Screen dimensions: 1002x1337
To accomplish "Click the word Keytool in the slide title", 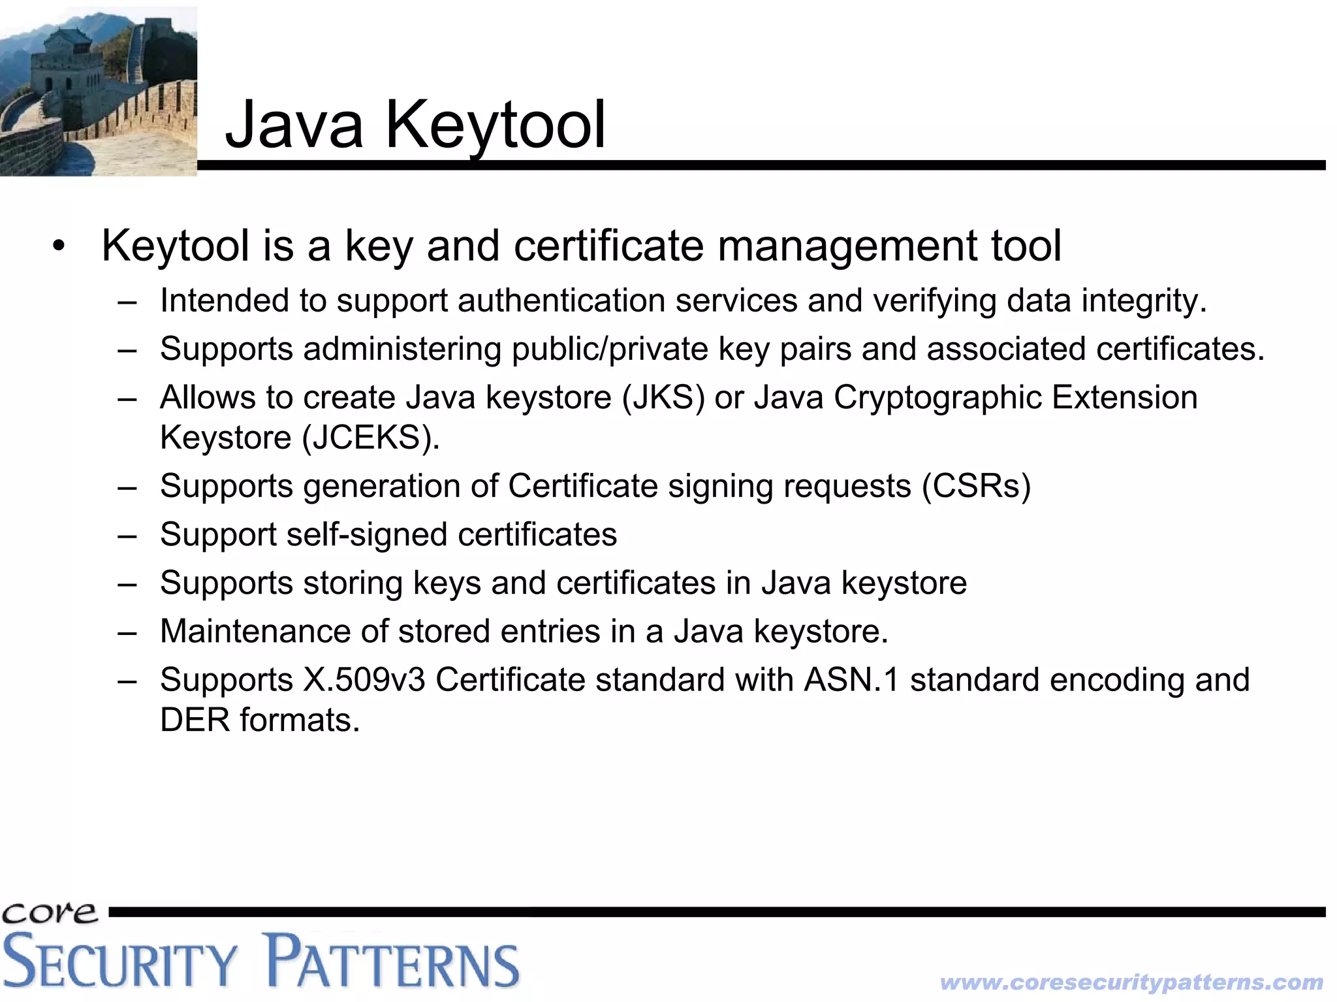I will click(495, 125).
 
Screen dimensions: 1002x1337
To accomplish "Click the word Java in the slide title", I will click(294, 125).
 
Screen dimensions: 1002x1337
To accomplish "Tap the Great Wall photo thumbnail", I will click(98, 91).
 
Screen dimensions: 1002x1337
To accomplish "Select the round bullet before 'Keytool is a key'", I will click(59, 247).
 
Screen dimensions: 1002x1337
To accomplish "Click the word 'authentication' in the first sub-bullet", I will click(561, 301).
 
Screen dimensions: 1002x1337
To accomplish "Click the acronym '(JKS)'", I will click(663, 397).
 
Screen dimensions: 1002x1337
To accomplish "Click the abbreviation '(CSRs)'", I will click(976, 486).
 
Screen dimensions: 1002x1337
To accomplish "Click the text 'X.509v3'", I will click(364, 679).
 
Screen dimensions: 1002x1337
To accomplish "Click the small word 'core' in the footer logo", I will click(50, 913).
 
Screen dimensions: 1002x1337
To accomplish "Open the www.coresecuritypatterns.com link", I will click(1131, 982).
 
